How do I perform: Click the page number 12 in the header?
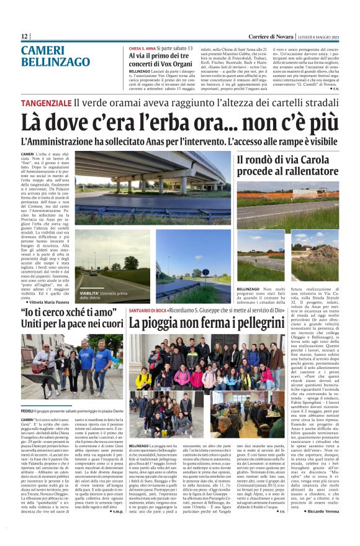[25, 37]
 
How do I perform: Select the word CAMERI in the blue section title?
[42, 51]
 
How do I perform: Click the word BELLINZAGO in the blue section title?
[56, 63]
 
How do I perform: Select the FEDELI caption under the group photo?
[27, 412]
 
